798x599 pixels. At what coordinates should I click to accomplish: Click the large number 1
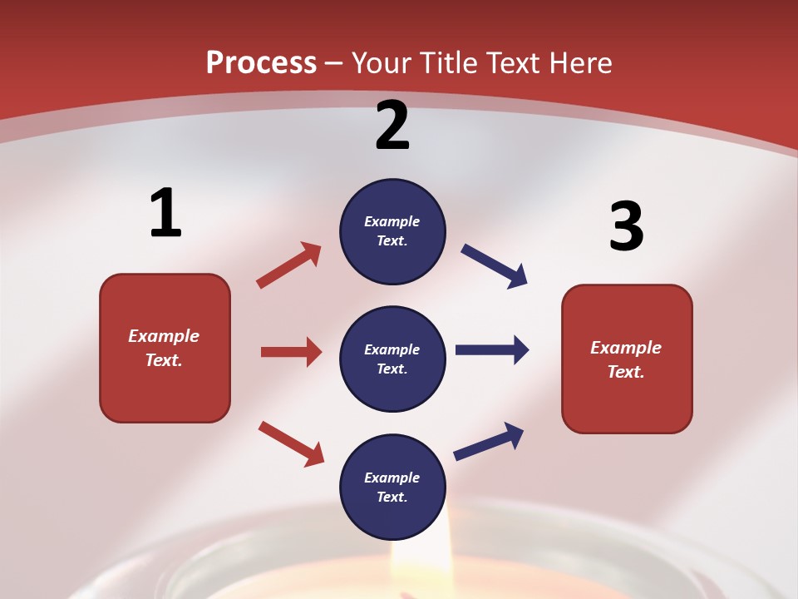tap(165, 213)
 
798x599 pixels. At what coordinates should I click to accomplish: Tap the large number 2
tap(392, 126)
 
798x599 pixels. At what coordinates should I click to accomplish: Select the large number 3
tap(626, 226)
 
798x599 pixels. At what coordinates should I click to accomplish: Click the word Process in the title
tap(261, 62)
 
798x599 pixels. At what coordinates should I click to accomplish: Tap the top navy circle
tap(392, 231)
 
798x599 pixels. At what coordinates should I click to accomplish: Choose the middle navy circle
tap(392, 359)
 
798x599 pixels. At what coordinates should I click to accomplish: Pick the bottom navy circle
tap(392, 487)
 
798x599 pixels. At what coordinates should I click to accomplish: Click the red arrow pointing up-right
tap(289, 265)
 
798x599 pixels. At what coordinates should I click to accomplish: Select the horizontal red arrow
tap(291, 352)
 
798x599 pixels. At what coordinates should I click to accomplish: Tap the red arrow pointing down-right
tap(291, 443)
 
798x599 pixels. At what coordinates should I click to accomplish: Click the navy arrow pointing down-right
tap(494, 265)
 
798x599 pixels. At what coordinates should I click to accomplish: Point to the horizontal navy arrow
tap(491, 349)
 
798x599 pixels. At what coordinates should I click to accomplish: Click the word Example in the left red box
tap(164, 336)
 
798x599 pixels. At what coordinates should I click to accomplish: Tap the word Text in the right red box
tap(626, 372)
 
